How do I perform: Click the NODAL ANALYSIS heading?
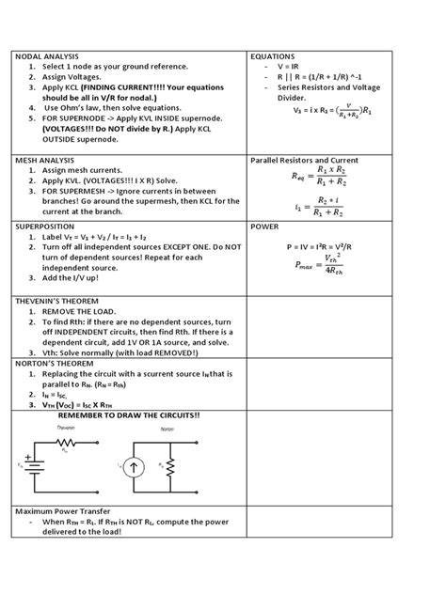pos(46,57)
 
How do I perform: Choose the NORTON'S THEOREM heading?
pos(51,362)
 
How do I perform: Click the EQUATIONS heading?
pos(273,57)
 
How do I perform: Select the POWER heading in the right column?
pos(264,227)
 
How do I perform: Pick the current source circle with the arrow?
pos(135,465)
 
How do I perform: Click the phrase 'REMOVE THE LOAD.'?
pos(79,312)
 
